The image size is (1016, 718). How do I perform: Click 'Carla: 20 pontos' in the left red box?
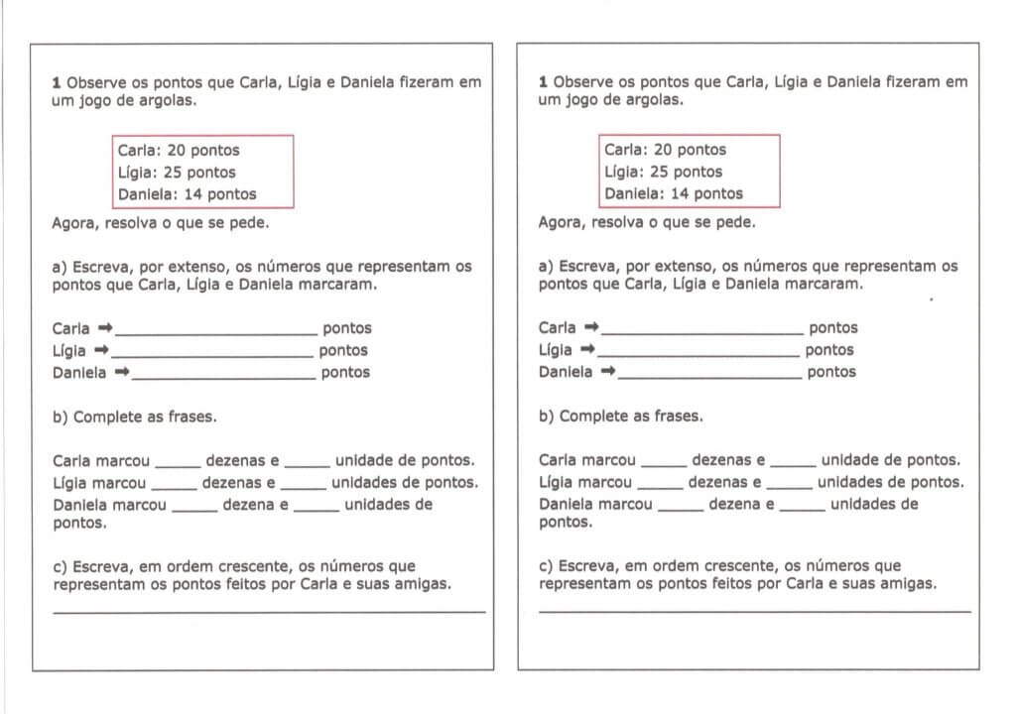pyautogui.click(x=179, y=151)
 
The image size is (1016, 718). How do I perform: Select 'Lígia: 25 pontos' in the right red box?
pyautogui.click(x=664, y=173)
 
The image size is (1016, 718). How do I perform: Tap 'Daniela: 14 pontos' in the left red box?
pyautogui.click(x=187, y=194)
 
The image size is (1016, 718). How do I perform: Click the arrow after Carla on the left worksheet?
pyautogui.click(x=106, y=327)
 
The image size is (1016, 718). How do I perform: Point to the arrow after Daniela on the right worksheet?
pyautogui.click(x=608, y=372)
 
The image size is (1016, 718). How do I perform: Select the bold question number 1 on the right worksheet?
pyautogui.click(x=543, y=82)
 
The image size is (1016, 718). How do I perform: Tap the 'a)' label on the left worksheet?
pyautogui.click(x=61, y=267)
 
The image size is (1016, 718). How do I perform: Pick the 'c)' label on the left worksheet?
pyautogui.click(x=61, y=566)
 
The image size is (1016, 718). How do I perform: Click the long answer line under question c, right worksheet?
pyautogui.click(x=754, y=611)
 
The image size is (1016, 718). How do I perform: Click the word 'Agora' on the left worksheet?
pyautogui.click(x=72, y=222)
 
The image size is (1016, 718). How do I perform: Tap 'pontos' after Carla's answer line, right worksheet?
pyautogui.click(x=833, y=328)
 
